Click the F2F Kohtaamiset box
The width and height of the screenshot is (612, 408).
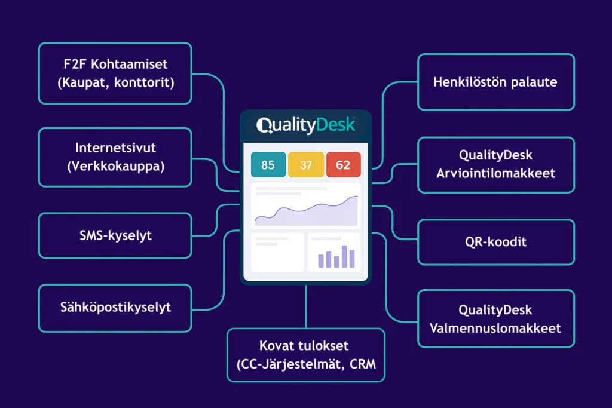tap(115, 73)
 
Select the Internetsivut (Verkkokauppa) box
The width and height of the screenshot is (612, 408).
tap(115, 157)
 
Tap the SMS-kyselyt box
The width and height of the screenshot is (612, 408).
tap(115, 235)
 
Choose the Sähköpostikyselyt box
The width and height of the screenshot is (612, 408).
tap(115, 308)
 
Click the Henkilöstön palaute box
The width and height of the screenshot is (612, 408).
tap(496, 82)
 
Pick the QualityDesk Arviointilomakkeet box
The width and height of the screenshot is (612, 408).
tap(496, 165)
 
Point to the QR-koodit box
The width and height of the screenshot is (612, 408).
tap(496, 242)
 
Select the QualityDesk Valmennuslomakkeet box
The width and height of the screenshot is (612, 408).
tap(496, 318)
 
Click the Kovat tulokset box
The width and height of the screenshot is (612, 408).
tap(306, 355)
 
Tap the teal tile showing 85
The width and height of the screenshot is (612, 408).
tap(268, 165)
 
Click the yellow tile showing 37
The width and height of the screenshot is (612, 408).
tap(306, 165)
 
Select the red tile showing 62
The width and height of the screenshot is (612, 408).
tap(343, 165)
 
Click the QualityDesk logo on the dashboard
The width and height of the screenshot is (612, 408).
tap(305, 125)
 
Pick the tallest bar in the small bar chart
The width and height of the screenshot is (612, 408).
tap(344, 256)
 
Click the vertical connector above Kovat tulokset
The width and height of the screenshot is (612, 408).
tap(306, 306)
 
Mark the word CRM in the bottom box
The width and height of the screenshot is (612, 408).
tap(363, 364)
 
